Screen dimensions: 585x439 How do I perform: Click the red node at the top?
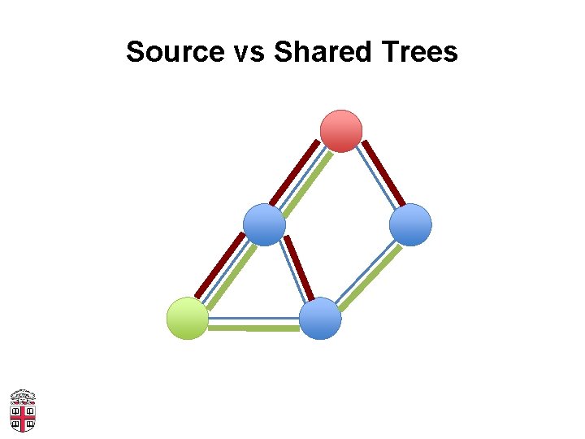click(341, 131)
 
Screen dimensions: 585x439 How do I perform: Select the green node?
click(187, 318)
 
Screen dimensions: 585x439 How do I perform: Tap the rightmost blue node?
click(410, 224)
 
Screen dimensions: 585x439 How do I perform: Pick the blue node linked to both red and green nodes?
click(265, 224)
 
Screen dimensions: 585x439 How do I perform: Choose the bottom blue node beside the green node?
click(320, 318)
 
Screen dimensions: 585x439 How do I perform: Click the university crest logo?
click(23, 411)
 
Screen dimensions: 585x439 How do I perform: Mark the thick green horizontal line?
click(254, 328)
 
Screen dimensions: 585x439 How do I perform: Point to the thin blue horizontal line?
click(254, 318)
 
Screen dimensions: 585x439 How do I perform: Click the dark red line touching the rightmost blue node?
click(383, 172)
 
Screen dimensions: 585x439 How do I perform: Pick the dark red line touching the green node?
click(219, 264)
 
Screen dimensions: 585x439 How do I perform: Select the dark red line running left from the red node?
click(294, 172)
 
